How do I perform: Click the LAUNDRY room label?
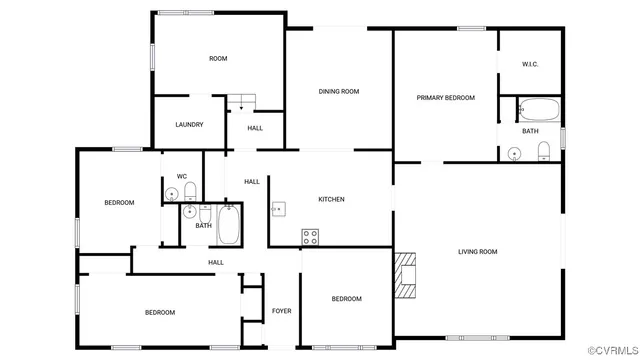[189, 125]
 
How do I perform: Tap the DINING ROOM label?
[339, 92]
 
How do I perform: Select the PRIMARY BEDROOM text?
[445, 98]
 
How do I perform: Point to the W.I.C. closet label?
[530, 65]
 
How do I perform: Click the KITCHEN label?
[331, 199]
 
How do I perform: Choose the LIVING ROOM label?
[477, 252]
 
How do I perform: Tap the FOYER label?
[282, 311]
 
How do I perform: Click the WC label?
[182, 177]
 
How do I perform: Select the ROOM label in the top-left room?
[218, 59]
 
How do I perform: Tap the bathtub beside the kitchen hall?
[229, 226]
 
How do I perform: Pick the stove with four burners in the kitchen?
[310, 236]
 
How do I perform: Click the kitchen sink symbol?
[280, 209]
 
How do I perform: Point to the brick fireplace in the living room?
[404, 276]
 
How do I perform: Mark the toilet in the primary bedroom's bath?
[544, 152]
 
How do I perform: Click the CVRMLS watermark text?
[612, 351]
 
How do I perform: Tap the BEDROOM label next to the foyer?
[346, 299]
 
